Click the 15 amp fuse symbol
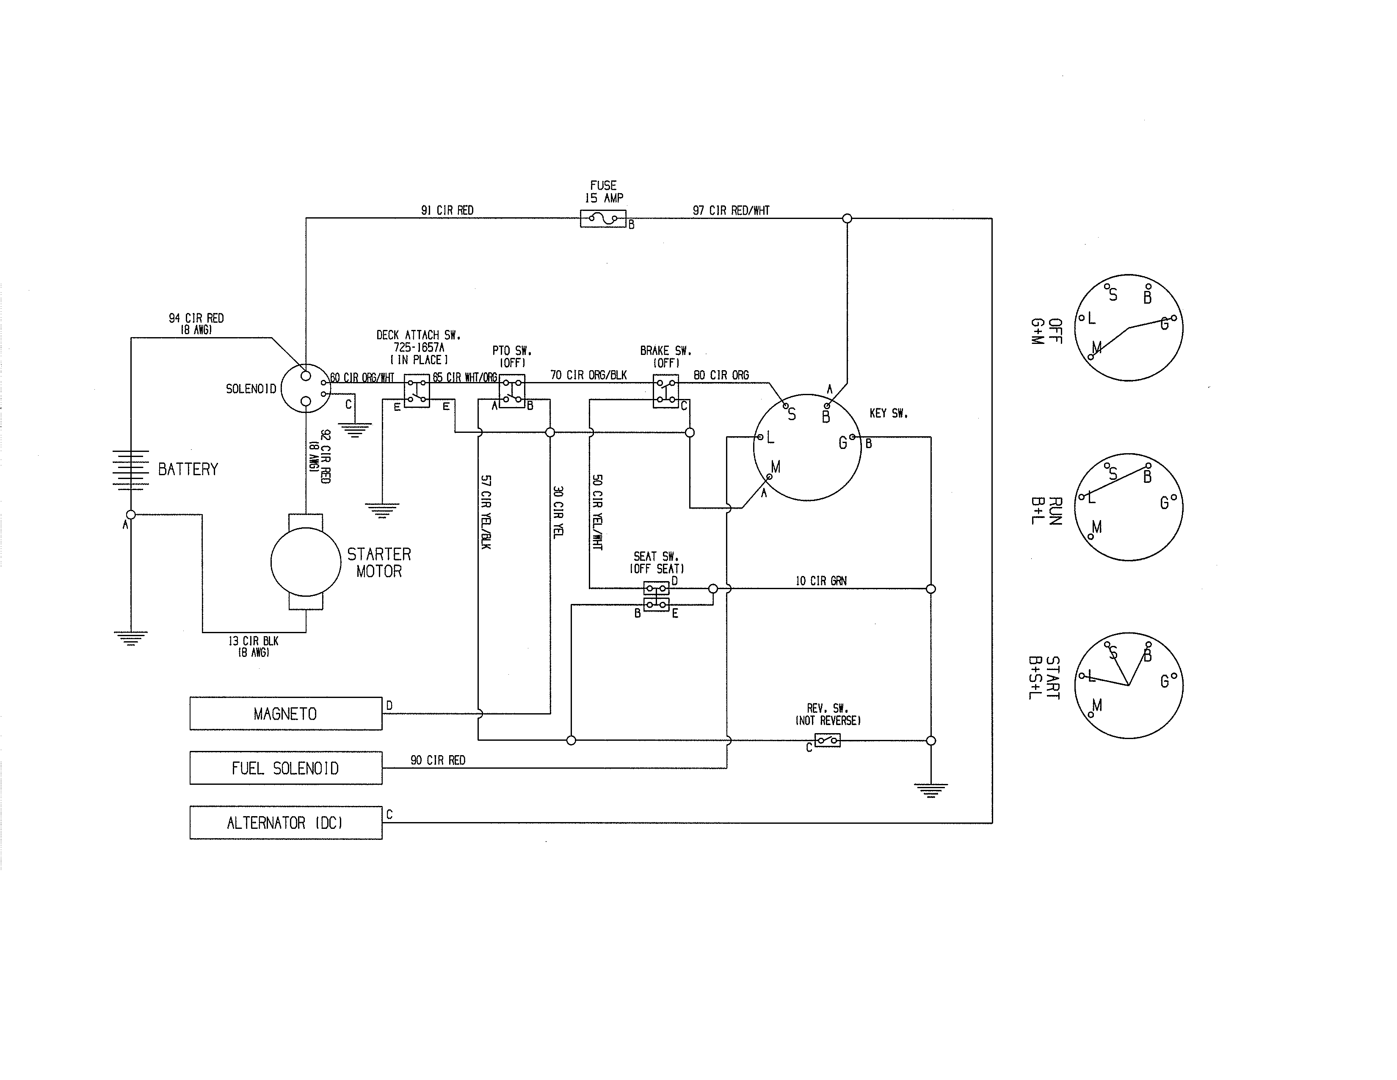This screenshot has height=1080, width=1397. click(602, 219)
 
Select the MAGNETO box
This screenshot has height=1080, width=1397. click(285, 713)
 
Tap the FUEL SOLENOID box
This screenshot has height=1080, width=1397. click(285, 768)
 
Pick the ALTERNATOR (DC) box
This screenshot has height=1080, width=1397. click(285, 823)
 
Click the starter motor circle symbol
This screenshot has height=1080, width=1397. click(306, 562)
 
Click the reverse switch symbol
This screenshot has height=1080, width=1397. click(827, 740)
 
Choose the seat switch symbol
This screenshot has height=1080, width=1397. click(656, 595)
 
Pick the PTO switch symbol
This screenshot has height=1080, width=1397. click(512, 391)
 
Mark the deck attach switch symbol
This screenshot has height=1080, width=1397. click(417, 391)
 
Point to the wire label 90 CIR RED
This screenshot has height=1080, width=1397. click(438, 760)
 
